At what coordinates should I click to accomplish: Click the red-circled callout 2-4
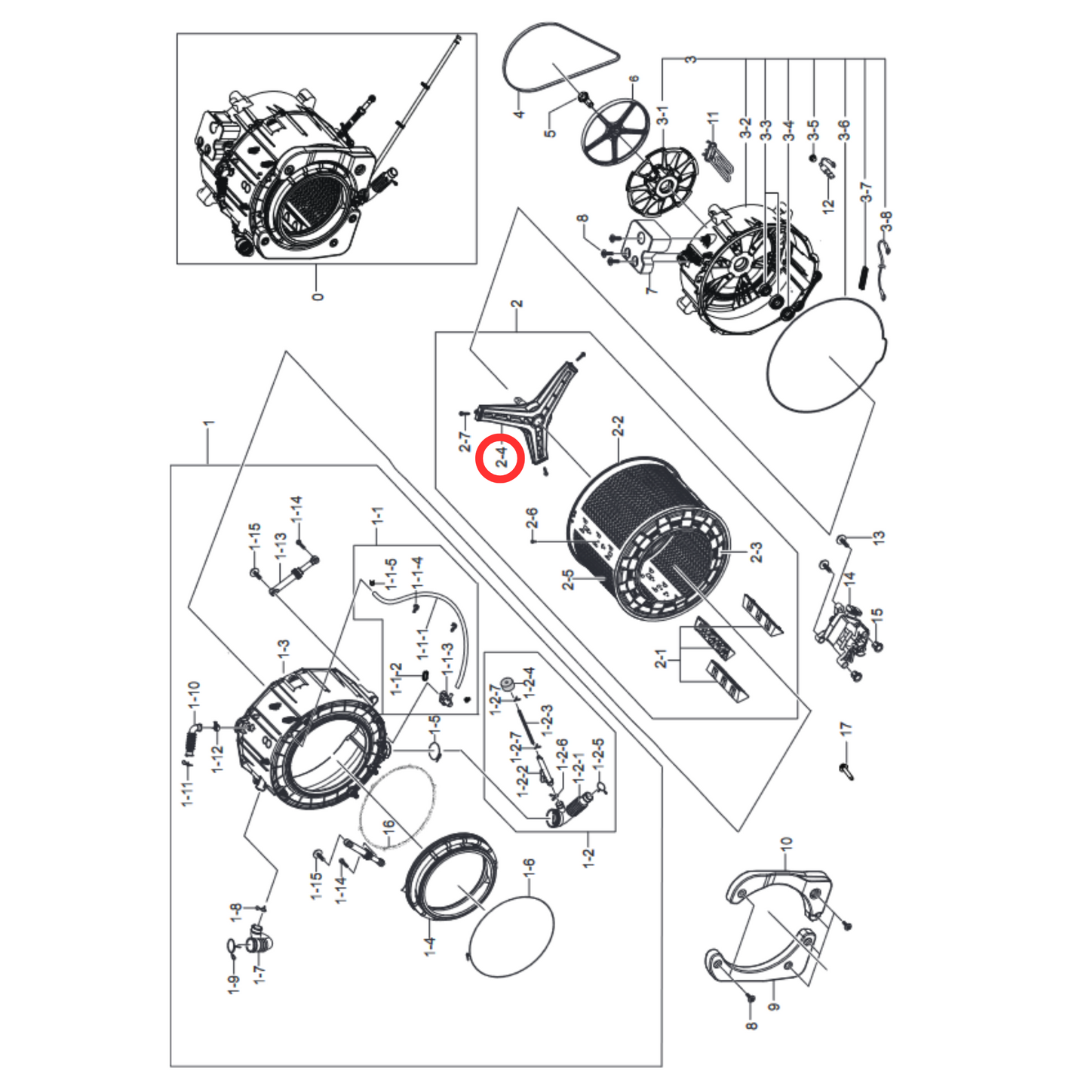499,457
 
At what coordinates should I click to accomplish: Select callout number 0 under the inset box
318,296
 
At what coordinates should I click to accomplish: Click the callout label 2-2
619,427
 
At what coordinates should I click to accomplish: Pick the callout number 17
846,729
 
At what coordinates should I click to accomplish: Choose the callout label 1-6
529,867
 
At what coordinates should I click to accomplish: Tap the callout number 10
786,844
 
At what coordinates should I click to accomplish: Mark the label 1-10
194,694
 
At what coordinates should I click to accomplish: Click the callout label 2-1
662,659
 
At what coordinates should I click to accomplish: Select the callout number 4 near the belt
519,113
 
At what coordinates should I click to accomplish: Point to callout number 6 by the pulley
634,79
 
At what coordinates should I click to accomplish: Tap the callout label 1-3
283,649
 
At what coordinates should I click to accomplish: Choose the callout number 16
388,828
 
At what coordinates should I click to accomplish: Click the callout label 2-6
533,518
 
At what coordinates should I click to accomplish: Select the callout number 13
878,538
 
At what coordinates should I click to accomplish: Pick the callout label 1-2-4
530,681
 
